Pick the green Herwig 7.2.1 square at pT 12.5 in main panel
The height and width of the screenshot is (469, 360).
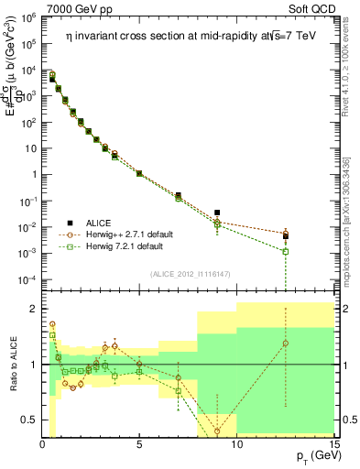click(286, 251)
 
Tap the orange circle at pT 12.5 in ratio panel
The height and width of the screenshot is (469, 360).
click(286, 344)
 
